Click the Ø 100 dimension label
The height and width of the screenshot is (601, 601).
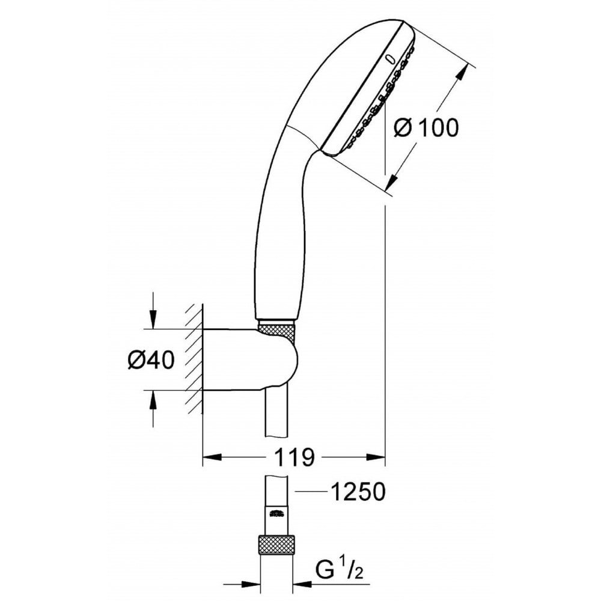click(426, 127)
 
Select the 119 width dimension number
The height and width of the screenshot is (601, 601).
click(294, 458)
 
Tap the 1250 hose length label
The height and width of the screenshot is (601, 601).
click(358, 492)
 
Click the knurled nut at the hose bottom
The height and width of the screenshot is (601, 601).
click(277, 545)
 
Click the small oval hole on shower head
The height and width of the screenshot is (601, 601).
click(391, 60)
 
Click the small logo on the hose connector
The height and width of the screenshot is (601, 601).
click(277, 513)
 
